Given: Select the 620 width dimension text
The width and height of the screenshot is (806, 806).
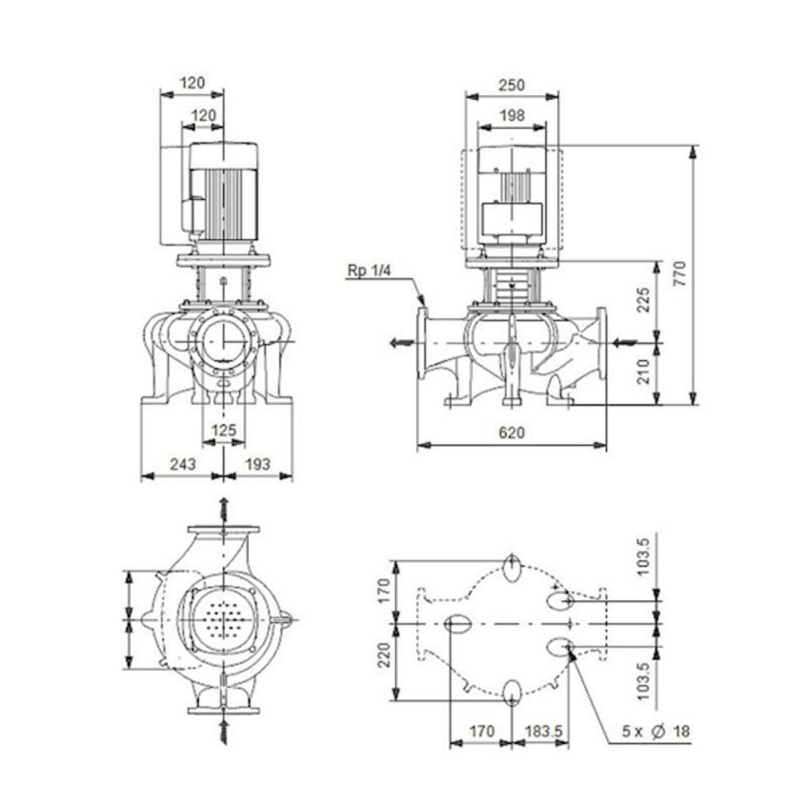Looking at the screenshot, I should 511,433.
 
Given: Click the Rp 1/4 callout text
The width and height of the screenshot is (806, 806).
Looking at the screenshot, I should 369,270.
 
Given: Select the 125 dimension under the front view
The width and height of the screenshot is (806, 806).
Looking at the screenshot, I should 223,430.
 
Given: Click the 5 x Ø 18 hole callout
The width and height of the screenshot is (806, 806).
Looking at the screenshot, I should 656,732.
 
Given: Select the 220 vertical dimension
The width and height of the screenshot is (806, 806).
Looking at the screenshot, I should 382,661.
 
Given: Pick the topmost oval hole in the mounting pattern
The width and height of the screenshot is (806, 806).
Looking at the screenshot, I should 511,566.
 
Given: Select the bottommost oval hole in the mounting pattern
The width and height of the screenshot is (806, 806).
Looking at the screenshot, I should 512,691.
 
